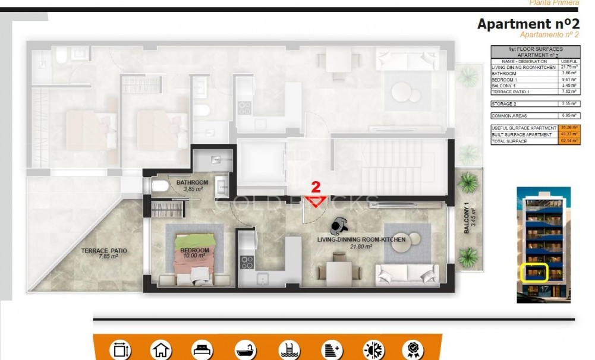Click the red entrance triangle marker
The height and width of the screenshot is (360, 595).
pos(316,201)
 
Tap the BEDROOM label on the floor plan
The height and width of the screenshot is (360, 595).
pos(194,250)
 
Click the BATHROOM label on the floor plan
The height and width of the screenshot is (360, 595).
pos(191,182)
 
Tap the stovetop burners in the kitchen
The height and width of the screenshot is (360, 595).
pos(246,262)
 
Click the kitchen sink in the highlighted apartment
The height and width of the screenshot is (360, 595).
pos(262,277)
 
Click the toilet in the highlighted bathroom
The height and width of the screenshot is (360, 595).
pos(159,187)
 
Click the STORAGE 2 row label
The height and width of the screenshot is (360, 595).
pos(504,103)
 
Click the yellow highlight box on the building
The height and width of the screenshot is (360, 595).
pos(534,273)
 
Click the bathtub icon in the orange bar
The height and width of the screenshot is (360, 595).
pos(245,349)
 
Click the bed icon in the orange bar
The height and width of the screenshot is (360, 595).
pos(202,349)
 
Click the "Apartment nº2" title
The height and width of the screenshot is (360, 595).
pos(528,24)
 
